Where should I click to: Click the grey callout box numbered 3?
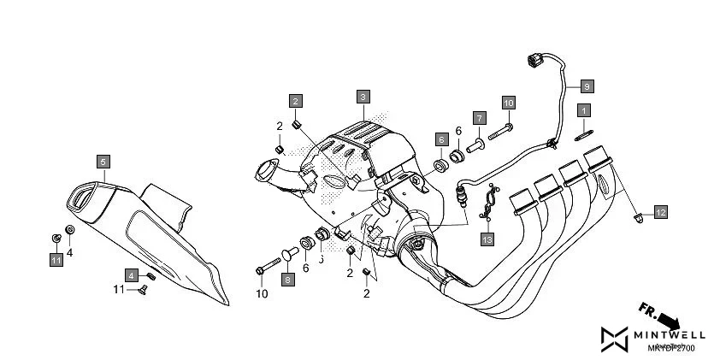(x=363, y=97)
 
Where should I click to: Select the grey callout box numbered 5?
(x=102, y=161)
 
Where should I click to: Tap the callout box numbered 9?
(x=586, y=86)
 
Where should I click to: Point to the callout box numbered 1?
(x=584, y=110)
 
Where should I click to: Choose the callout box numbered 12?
(x=660, y=212)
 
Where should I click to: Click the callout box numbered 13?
(x=487, y=239)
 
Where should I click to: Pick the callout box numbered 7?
(x=480, y=117)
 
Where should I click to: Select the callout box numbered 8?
(x=287, y=279)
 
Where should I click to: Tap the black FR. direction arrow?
(x=659, y=316)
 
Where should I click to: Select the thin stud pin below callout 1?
(x=584, y=131)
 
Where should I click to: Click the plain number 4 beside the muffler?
(x=70, y=253)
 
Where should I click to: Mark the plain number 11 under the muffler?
(x=120, y=290)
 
